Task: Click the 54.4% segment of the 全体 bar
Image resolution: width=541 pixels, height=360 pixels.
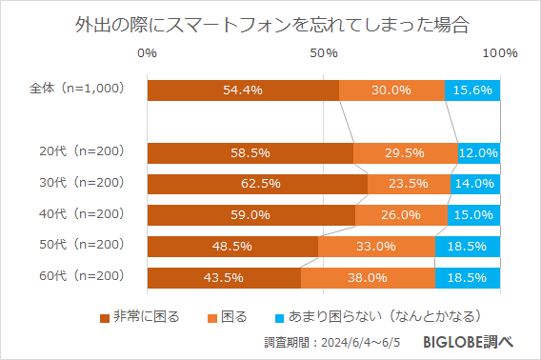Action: (243, 90)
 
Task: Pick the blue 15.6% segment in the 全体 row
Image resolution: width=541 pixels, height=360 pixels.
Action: (472, 90)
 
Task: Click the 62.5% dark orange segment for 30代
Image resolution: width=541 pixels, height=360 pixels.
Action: (257, 184)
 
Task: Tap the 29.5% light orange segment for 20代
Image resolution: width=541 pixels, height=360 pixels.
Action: (406, 152)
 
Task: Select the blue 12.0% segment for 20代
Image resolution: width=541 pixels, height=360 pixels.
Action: (479, 152)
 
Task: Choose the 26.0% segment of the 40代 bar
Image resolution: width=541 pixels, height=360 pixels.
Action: (401, 215)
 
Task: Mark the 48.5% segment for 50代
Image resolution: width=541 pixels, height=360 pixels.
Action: (232, 247)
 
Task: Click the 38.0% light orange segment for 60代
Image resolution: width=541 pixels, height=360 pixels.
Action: (368, 278)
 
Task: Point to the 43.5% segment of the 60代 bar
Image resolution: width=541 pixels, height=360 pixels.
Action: (224, 278)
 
